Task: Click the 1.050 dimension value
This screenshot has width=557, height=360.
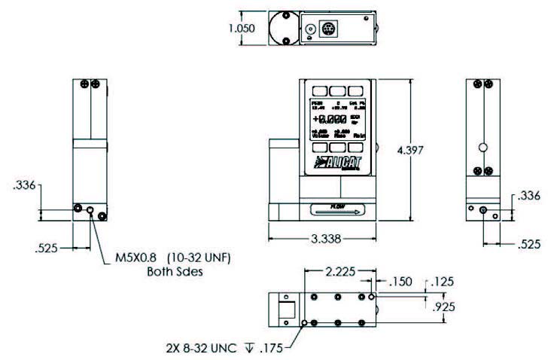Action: coord(242,28)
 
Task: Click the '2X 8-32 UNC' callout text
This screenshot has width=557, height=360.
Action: coord(197,347)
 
